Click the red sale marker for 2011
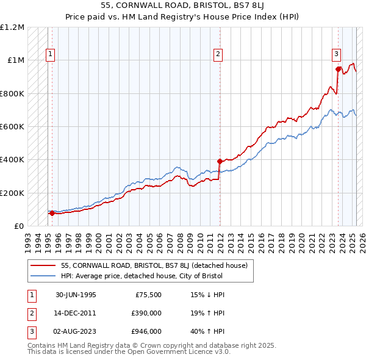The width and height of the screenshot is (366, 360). point(220,162)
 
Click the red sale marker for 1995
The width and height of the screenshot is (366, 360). point(52,214)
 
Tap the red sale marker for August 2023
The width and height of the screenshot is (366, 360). point(338,69)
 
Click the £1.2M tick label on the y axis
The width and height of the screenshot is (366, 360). point(12,27)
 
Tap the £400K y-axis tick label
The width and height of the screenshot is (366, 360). point(12,160)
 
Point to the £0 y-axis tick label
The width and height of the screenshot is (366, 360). point(19,226)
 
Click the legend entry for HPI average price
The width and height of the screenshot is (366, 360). point(142,276)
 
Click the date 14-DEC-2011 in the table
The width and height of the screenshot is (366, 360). point(76,313)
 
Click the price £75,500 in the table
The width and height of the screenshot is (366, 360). point(147,295)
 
